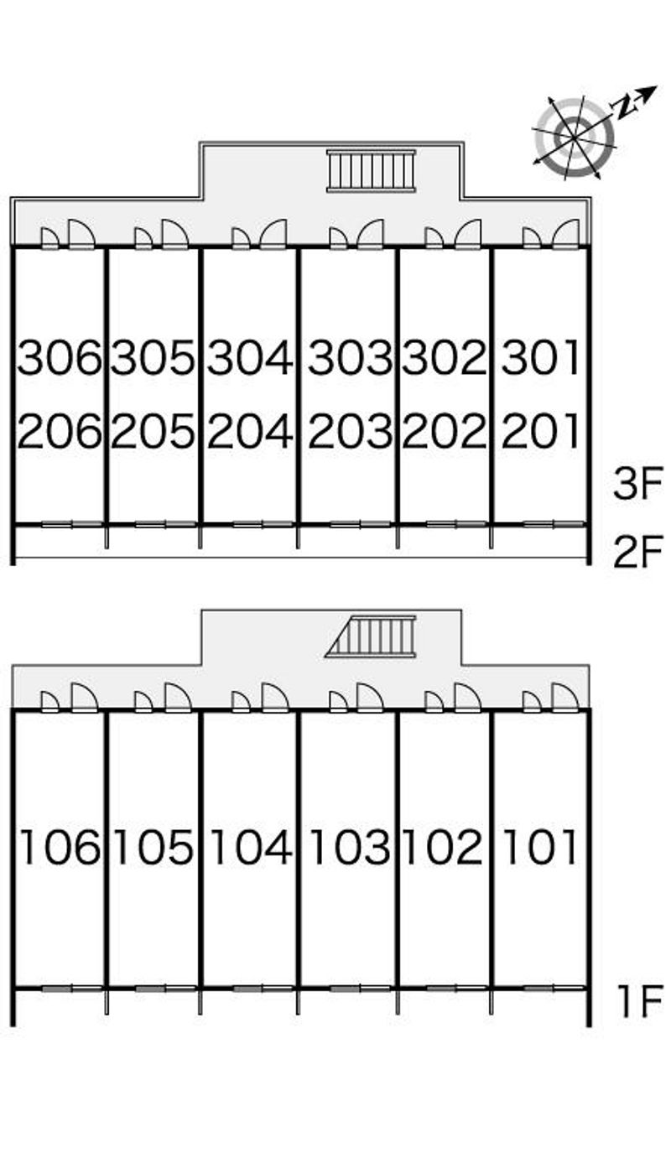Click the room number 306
[59, 356]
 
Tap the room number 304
[250, 356]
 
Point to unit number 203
[350, 430]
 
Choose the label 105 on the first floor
[153, 846]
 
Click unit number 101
[539, 846]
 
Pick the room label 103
[350, 846]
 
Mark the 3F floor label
[638, 484]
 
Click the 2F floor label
[638, 551]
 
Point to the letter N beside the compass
[624, 107]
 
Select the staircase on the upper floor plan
[372, 170]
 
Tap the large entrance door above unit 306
[81, 234]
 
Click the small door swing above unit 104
[241, 702]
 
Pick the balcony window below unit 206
[72, 525]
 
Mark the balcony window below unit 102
[457, 989]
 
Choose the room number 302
[444, 356]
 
